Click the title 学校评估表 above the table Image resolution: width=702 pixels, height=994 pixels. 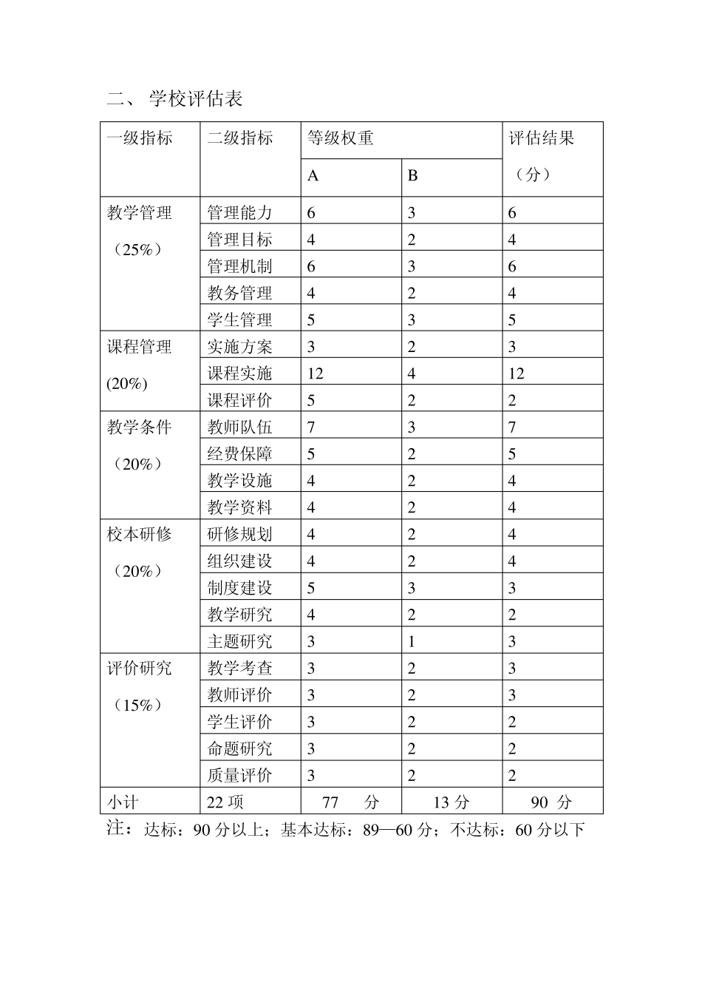pyautogui.click(x=196, y=99)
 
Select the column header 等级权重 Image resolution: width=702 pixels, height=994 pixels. pyautogui.click(x=341, y=138)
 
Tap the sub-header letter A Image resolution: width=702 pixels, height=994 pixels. pyautogui.click(x=313, y=176)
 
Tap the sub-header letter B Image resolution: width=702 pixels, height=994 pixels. pyautogui.click(x=413, y=176)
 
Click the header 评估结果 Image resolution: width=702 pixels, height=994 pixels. pyautogui.click(x=542, y=138)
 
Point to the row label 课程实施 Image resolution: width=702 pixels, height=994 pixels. pyautogui.click(x=239, y=373)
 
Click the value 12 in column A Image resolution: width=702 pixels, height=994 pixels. pyautogui.click(x=316, y=373)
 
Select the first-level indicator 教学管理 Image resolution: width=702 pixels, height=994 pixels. pyautogui.click(x=140, y=213)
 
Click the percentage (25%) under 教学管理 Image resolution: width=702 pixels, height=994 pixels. pyautogui.click(x=137, y=250)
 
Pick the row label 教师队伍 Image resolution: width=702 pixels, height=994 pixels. pyautogui.click(x=239, y=427)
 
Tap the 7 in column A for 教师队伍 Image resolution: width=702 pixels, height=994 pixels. pyautogui.click(x=311, y=427)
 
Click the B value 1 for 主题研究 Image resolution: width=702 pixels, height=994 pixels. pyautogui.click(x=412, y=642)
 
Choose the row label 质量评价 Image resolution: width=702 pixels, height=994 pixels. pyautogui.click(x=239, y=776)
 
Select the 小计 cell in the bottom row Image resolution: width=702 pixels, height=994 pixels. pyautogui.click(x=123, y=802)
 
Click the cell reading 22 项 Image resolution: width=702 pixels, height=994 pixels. pyautogui.click(x=225, y=802)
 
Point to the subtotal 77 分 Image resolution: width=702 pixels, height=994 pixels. pyautogui.click(x=350, y=802)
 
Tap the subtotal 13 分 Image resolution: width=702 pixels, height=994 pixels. pyautogui.click(x=451, y=802)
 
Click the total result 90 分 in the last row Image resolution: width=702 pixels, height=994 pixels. pyautogui.click(x=551, y=802)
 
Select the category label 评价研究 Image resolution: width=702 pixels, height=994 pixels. pyautogui.click(x=140, y=669)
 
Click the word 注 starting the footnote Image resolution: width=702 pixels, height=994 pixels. pyautogui.click(x=115, y=828)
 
